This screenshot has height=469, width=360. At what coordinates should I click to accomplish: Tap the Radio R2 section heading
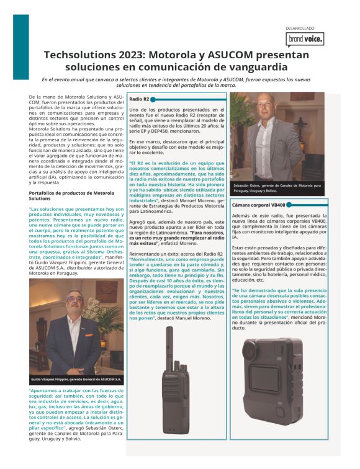click(x=138, y=99)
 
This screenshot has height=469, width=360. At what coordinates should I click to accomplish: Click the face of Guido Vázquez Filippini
click(x=74, y=306)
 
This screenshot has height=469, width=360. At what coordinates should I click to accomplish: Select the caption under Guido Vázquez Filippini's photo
click(x=76, y=379)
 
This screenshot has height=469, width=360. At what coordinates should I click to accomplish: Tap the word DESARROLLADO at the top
click(x=300, y=28)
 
